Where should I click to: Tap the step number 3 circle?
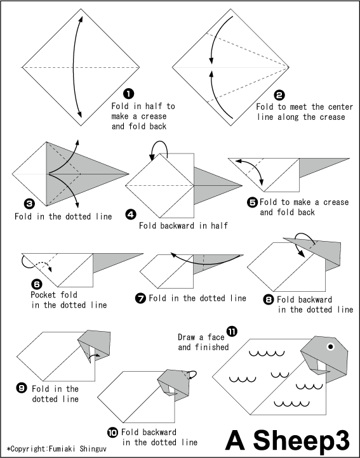29,204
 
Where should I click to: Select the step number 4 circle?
130,214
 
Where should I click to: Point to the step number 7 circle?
140,298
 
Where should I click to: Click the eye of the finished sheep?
330,346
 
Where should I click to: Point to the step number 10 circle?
112,432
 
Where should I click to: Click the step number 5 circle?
252,202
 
